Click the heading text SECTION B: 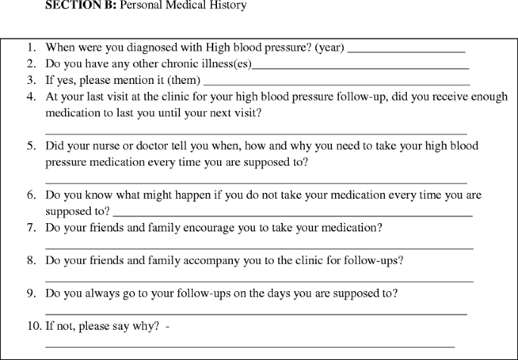click(x=82, y=5)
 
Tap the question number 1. click(x=31, y=48)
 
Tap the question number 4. click(x=31, y=96)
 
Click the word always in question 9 click(x=104, y=292)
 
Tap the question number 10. click(x=33, y=325)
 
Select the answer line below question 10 click(x=250, y=346)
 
